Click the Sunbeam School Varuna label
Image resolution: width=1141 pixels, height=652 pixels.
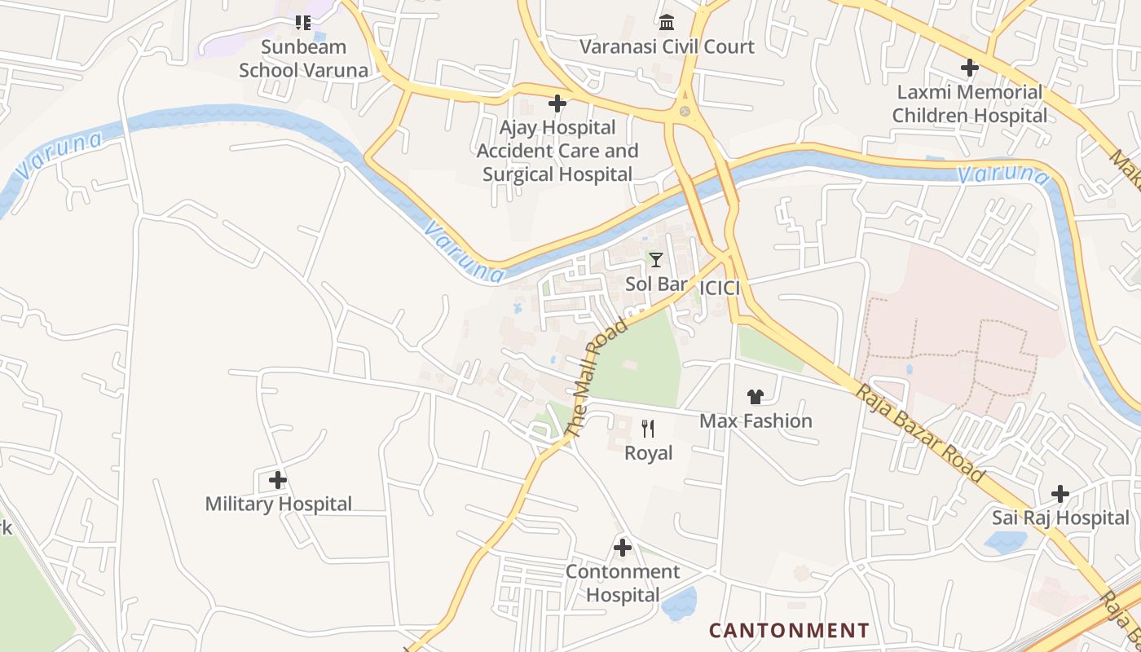pos(303,59)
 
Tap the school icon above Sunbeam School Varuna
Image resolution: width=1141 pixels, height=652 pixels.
pos(303,23)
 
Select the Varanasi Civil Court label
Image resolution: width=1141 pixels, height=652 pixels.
pos(667,46)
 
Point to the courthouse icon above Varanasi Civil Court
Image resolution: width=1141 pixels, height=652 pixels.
pos(667,22)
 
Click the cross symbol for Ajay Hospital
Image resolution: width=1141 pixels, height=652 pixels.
pos(557,104)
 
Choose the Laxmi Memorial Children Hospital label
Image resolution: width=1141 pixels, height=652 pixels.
pos(969,104)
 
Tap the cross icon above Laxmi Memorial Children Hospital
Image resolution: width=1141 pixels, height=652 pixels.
pos(969,68)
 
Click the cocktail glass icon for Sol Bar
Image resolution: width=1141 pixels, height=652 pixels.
pos(655,260)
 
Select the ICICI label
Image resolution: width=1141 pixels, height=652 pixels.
pos(720,288)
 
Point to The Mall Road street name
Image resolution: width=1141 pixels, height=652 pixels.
pos(597,377)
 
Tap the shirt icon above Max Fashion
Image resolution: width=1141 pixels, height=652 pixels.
pos(756,397)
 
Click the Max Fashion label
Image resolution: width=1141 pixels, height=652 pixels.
pos(756,421)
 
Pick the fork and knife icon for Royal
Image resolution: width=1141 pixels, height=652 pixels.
pos(648,429)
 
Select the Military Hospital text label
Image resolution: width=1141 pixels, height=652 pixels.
pos(278,504)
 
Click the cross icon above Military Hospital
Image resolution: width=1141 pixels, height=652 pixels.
pos(278,480)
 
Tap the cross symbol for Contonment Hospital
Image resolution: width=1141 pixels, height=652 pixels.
pos(623,548)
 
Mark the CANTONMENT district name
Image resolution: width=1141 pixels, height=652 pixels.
pos(788,631)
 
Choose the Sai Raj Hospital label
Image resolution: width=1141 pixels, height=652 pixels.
pos(1060,518)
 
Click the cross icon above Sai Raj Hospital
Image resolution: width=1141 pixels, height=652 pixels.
pos(1060,494)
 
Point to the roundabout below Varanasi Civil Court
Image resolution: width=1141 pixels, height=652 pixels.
pos(685,111)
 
